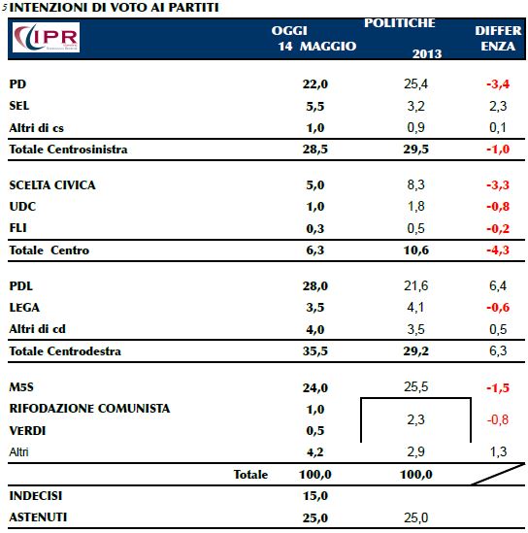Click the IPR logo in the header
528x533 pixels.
coord(46,37)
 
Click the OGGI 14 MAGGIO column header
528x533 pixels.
coord(313,38)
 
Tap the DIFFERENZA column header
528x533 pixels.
coord(498,38)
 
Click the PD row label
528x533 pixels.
coord(17,83)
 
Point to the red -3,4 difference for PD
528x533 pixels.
coord(498,83)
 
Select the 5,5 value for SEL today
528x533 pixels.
coord(315,107)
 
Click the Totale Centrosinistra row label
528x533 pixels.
coord(68,150)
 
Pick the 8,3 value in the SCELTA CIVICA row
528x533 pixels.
coord(415,184)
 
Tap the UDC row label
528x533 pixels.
coord(22,207)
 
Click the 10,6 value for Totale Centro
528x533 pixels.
coord(415,250)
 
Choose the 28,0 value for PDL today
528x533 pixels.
coord(315,285)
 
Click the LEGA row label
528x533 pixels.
coord(24,308)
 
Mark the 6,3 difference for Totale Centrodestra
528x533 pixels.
coord(498,350)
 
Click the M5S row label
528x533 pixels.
coord(21,386)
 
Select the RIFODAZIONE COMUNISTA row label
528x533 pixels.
coord(89,409)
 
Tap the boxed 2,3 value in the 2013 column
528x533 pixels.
coord(415,419)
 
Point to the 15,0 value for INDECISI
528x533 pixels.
coord(315,496)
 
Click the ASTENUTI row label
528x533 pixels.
coord(38,517)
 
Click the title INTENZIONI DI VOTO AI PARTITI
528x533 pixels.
coord(114,7)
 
